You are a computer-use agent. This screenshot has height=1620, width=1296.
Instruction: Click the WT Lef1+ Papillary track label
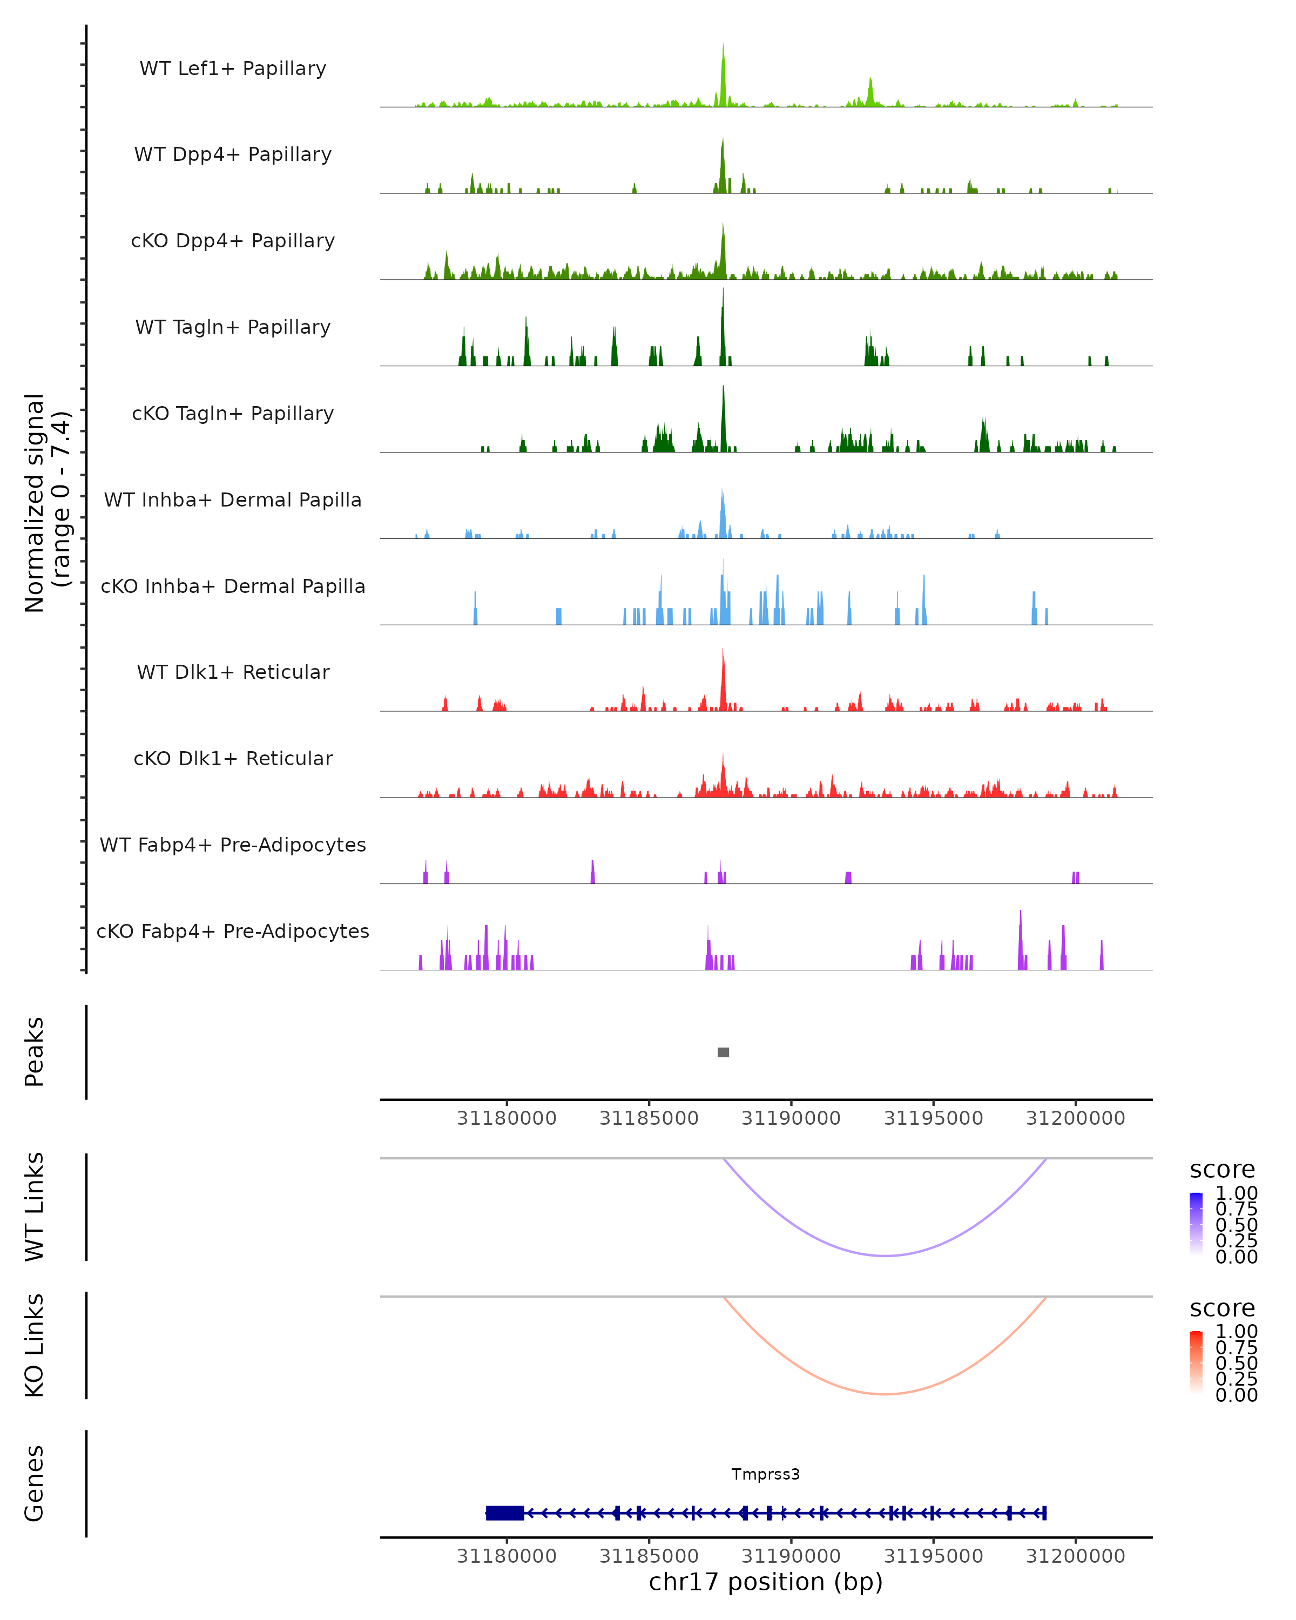(233, 69)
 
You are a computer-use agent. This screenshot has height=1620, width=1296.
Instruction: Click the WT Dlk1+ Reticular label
(233, 672)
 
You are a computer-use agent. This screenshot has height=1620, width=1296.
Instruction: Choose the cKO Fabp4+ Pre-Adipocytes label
(233, 931)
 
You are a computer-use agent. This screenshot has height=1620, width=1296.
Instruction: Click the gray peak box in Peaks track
(723, 1052)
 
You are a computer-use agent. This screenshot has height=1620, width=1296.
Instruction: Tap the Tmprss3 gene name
(766, 1474)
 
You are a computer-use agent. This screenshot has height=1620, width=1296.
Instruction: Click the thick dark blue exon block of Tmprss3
(505, 1513)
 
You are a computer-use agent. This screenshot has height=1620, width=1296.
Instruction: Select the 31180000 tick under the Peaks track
(507, 1118)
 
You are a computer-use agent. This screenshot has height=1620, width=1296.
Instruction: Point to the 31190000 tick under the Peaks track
(791, 1118)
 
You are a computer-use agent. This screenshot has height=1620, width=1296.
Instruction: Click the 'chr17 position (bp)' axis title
(766, 1582)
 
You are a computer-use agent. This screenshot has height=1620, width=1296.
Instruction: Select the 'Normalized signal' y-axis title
(35, 503)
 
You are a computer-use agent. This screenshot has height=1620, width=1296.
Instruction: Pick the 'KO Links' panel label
(35, 1345)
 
